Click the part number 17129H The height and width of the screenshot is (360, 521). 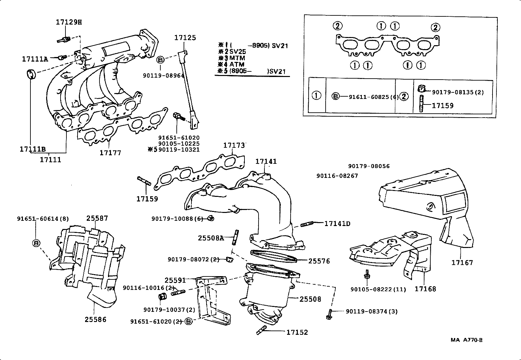click(68, 22)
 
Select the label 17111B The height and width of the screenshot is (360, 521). click(32, 149)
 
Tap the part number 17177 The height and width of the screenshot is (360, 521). click(110, 153)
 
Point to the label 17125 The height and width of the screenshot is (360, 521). click(185, 38)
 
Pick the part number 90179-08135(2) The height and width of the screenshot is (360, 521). click(458, 92)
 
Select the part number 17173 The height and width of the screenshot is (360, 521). click(234, 145)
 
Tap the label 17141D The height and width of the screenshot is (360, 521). click(337, 224)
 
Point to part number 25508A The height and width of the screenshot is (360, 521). click(211, 238)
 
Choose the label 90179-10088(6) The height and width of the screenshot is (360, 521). click(177, 218)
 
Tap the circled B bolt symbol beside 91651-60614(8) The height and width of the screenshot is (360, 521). click(36, 243)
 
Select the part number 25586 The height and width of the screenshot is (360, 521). click(96, 319)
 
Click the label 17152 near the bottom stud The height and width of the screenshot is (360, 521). click(297, 332)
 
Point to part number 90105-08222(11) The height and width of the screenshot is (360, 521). click(378, 289)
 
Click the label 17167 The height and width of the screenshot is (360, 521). click(462, 263)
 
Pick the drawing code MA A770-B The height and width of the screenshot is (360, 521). click(466, 340)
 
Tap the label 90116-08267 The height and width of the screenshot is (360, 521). click(337, 176)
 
